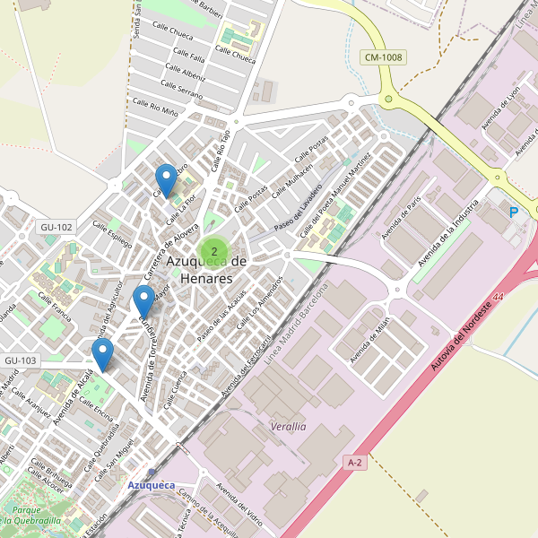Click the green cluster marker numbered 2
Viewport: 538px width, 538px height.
click(x=214, y=251)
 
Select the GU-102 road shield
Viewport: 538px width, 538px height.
click(x=56, y=227)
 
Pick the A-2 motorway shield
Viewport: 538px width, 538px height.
click(x=355, y=462)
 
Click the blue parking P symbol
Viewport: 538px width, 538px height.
click(x=514, y=213)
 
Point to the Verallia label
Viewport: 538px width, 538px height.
click(x=288, y=427)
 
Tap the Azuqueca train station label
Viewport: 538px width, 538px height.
click(x=152, y=485)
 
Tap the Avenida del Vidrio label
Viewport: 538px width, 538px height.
click(x=239, y=508)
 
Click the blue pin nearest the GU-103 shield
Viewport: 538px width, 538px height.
click(x=104, y=355)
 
